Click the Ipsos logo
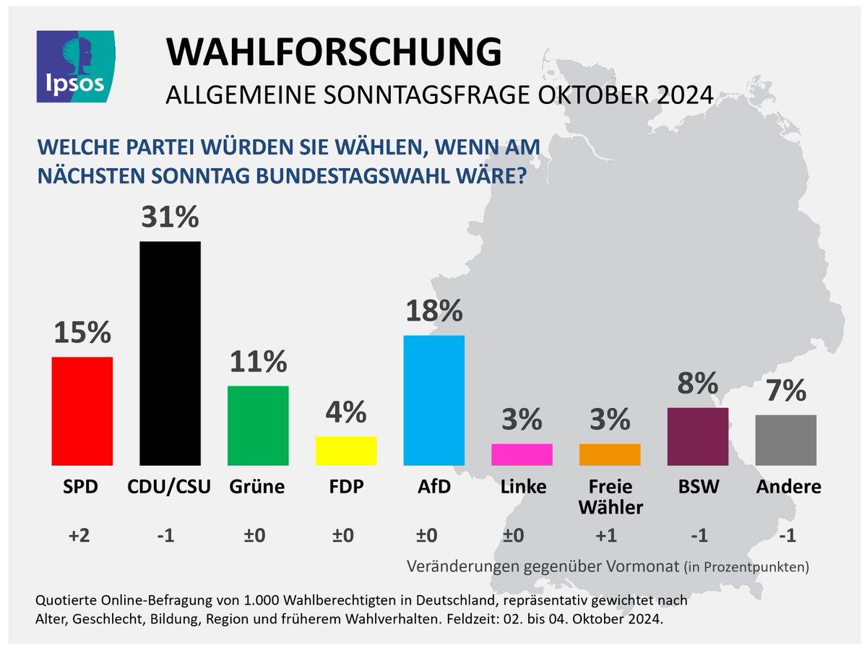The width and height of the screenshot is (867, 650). coord(75,66)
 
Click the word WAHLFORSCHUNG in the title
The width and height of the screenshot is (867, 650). coord(334,53)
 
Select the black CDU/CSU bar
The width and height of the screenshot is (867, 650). coord(170,353)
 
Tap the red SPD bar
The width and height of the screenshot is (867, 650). coord(82,411)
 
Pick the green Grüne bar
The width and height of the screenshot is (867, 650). coord(258,425)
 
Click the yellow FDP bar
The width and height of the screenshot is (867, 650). coord(346,451)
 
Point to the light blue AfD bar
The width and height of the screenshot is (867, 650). coord(433,400)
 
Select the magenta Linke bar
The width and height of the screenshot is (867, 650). coord(522,454)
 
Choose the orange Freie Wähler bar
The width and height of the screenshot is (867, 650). coord(610,454)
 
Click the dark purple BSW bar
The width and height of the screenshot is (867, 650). coord(698,436)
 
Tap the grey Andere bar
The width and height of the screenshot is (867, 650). coord(786,440)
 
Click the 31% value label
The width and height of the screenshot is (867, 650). coord(170,217)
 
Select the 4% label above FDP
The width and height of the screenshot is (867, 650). coord(346,412)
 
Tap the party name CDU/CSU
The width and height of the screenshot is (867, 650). coord(170,487)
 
